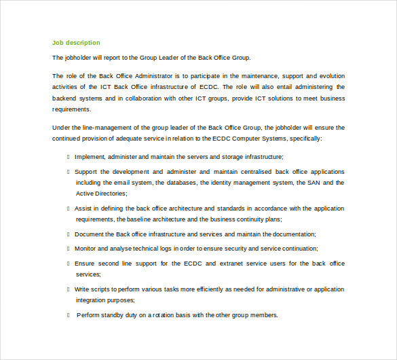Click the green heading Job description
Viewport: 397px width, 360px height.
76,43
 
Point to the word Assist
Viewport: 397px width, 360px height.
83,209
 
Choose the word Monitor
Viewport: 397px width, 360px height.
87,249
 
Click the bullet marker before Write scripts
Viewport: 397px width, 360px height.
69,289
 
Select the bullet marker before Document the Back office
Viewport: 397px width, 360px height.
69,234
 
